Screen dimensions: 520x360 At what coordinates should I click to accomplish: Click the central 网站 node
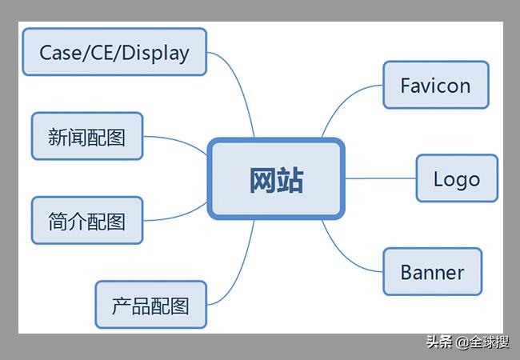click(x=276, y=179)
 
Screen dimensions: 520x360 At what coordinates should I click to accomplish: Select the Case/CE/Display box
click(x=114, y=52)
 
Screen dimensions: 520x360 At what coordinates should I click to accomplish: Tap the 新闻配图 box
click(x=87, y=136)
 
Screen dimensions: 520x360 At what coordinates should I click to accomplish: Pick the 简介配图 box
click(x=87, y=221)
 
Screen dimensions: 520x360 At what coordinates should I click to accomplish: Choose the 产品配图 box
click(x=151, y=305)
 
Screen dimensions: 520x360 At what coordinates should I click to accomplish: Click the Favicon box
click(x=436, y=85)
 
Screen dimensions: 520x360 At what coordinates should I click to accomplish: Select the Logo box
click(x=457, y=178)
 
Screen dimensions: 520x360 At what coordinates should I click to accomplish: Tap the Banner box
click(x=433, y=271)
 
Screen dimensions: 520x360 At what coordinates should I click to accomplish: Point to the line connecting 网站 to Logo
click(x=380, y=178)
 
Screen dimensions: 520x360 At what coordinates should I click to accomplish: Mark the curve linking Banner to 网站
click(x=345, y=258)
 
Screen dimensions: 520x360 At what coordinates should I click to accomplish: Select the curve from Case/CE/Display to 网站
click(x=239, y=83)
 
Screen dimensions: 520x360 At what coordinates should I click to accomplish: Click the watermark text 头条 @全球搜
click(x=468, y=342)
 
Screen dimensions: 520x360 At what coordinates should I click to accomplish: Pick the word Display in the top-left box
click(x=155, y=53)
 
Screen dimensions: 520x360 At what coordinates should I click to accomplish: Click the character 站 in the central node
click(x=290, y=180)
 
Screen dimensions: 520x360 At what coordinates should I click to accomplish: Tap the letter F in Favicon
click(x=406, y=85)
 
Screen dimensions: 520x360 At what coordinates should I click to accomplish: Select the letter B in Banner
click(x=406, y=272)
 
